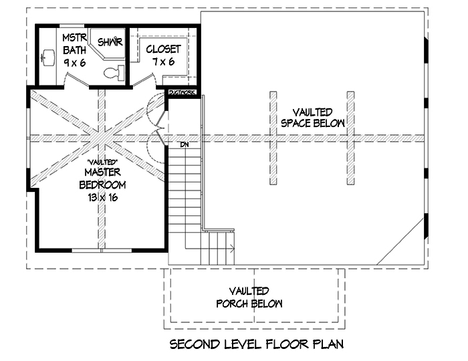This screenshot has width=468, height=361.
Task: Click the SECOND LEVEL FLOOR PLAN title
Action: click(x=256, y=345)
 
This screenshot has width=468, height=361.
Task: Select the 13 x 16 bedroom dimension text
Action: click(x=101, y=197)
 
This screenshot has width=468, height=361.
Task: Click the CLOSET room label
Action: click(x=163, y=49)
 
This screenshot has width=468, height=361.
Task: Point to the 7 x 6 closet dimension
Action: click(x=163, y=62)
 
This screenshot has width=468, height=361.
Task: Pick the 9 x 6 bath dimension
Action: click(x=74, y=62)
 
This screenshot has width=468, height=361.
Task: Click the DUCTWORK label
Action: click(x=182, y=92)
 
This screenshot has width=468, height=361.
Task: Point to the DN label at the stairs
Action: click(x=185, y=144)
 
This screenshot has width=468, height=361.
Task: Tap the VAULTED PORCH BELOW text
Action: click(x=249, y=297)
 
